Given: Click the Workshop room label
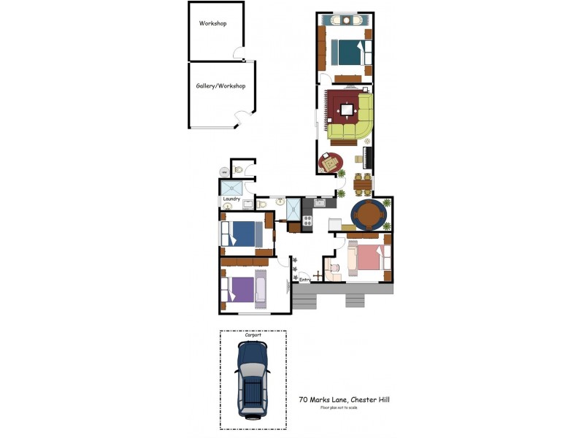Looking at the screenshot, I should [213, 23].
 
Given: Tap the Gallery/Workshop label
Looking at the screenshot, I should [220, 86].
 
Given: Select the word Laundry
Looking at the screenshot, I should [232, 198].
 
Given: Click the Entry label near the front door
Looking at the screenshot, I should [305, 278].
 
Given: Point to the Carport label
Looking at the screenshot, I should [253, 336].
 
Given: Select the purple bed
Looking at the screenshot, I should [244, 289].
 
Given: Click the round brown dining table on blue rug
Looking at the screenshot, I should [369, 214].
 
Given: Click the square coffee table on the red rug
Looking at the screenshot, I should [347, 110].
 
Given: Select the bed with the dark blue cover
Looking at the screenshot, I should [244, 234].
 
